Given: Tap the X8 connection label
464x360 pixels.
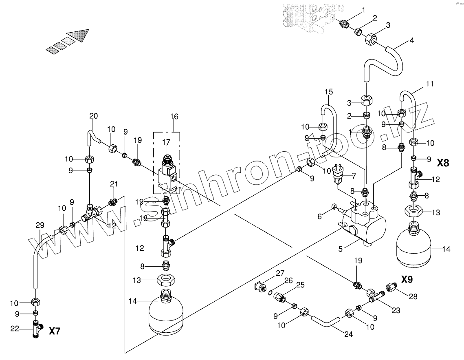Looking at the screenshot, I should [443, 163].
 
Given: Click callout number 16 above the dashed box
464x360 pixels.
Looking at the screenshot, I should [174, 117].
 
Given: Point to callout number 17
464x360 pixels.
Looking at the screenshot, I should [166, 142].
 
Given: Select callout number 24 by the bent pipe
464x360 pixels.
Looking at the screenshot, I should [348, 335].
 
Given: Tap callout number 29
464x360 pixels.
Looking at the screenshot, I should [39, 225].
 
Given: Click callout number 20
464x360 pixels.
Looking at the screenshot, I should [94, 116].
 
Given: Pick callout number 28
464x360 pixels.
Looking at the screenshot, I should [413, 297].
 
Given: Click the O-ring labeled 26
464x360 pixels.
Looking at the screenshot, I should [270, 292].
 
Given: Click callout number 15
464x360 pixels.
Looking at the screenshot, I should [328, 92].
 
